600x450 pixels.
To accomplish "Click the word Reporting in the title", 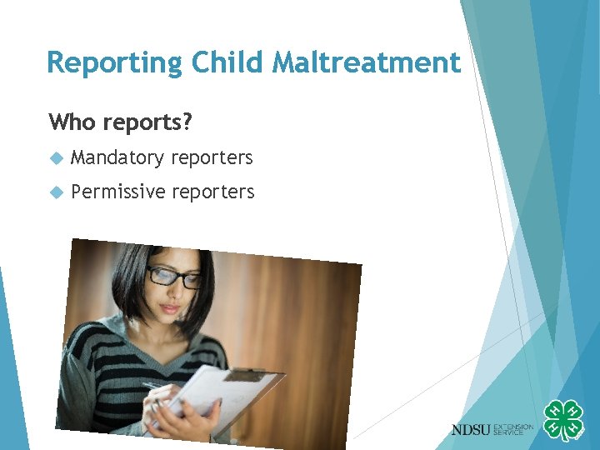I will click(115, 63).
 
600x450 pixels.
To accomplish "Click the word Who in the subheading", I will click(73, 122).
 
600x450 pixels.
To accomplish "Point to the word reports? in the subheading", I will click(147, 123).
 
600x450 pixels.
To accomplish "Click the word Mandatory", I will click(117, 157).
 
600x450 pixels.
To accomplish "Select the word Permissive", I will click(118, 192).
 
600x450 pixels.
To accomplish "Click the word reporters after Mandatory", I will click(212, 157).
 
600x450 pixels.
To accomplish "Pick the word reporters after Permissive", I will click(213, 192).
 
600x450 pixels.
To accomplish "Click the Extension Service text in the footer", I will click(514, 429).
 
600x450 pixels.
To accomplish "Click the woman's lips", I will click(170, 309).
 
